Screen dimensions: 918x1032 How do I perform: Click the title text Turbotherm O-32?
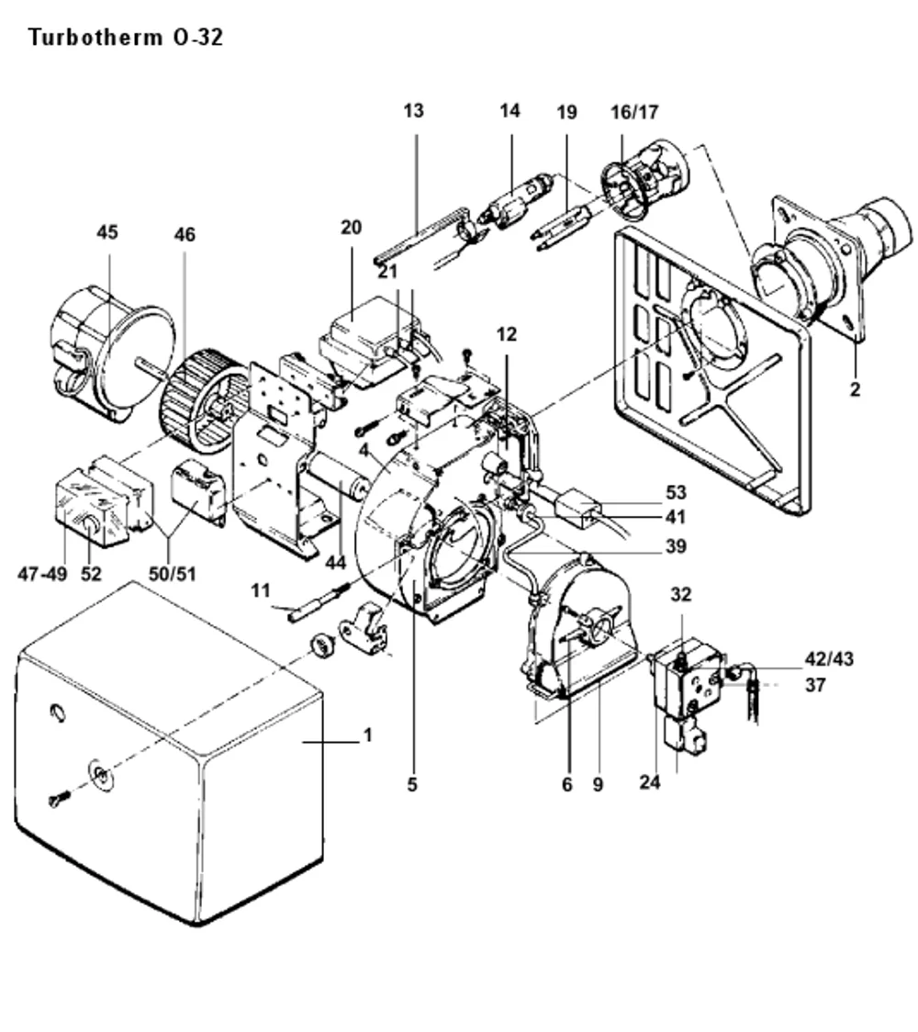click(126, 38)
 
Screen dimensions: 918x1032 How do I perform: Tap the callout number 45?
click(107, 231)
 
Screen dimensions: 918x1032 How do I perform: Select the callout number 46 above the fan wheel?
click(185, 234)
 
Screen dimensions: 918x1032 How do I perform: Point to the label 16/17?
click(634, 113)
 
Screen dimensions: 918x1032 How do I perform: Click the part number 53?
click(676, 492)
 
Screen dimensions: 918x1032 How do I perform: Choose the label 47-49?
click(43, 574)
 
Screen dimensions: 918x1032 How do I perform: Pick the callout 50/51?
click(173, 574)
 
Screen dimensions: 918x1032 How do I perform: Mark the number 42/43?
click(829, 659)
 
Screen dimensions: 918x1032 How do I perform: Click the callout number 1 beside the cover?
click(368, 735)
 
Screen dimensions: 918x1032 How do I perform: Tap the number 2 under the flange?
click(855, 389)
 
